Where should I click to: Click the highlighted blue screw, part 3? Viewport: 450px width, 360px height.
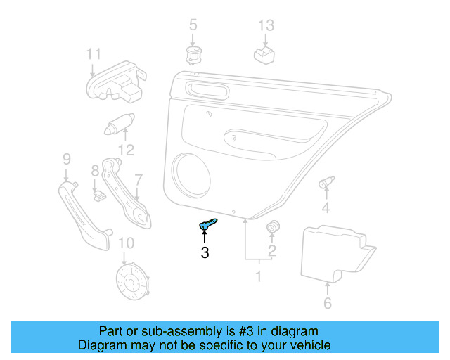tap(207, 225)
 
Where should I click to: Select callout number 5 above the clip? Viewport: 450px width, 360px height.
tap(193, 25)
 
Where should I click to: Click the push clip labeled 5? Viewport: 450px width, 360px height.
tap(192, 56)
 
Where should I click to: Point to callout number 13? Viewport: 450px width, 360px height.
tap(265, 25)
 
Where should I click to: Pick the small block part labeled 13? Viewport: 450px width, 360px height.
tap(264, 55)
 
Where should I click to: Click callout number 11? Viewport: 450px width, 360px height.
tap(94, 54)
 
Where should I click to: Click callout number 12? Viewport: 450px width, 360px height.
tap(125, 149)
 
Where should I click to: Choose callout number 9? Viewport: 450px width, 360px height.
tap(67, 157)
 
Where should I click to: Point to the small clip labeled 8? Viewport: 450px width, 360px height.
tap(98, 191)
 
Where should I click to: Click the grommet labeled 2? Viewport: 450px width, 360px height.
tap(272, 228)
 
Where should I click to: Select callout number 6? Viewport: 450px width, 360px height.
tap(327, 304)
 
